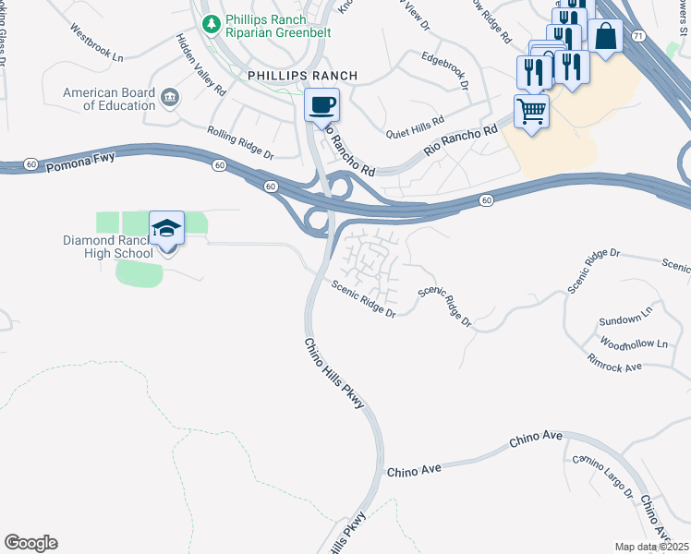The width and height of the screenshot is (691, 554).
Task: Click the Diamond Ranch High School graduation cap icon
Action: (x=166, y=227)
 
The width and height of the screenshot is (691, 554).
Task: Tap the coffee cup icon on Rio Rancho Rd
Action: (x=322, y=104)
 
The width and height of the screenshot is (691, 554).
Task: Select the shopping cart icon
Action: (x=531, y=112)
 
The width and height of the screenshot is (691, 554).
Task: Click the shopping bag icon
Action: (x=605, y=36)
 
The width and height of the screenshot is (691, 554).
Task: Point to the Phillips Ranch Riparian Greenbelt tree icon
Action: (x=212, y=20)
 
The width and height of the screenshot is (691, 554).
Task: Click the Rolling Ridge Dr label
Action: (x=240, y=143)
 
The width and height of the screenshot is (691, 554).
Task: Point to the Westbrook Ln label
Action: (x=96, y=42)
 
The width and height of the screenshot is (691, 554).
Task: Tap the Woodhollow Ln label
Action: (x=633, y=343)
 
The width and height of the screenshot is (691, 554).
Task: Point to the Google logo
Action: (x=30, y=543)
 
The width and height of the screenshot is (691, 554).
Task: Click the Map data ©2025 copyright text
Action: (x=651, y=547)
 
